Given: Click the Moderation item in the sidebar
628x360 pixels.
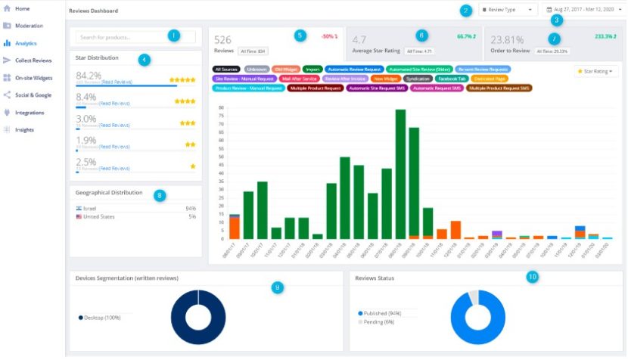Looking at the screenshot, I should [x=28, y=26].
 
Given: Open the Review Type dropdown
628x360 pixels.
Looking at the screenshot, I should [x=509, y=10].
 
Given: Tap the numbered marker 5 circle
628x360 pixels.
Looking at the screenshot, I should [x=300, y=36].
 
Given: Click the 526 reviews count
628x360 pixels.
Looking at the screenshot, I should [x=222, y=39].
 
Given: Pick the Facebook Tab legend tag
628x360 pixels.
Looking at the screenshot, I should [x=452, y=79].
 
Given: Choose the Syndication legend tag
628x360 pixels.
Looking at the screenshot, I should [x=418, y=79].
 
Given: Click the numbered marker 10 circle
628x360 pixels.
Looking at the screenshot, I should [x=533, y=277].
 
